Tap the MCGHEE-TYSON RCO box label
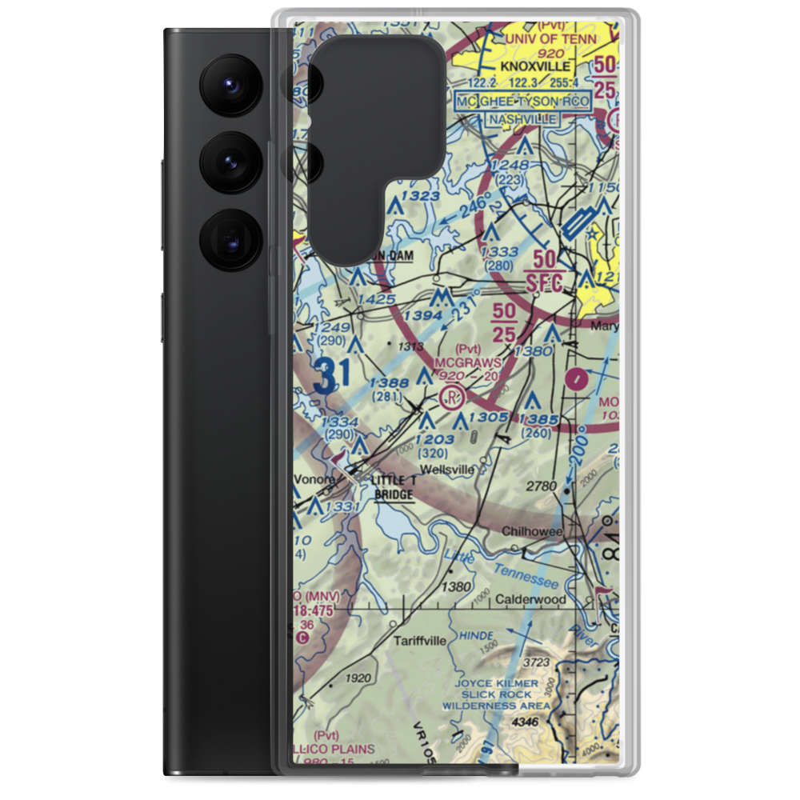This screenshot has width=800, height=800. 522,102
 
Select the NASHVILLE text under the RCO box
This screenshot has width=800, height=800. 522,119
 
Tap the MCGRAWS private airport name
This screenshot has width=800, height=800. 468,362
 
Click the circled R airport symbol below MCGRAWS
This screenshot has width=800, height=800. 453,396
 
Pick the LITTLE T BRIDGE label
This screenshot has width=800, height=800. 394,487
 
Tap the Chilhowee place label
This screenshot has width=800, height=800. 534,531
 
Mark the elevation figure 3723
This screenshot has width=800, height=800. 536,662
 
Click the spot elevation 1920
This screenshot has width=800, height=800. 358,678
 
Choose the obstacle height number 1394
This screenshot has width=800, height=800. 422,317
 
